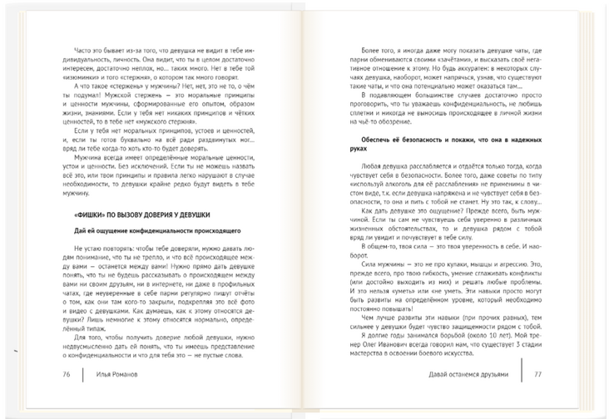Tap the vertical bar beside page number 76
click(x=83, y=375)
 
